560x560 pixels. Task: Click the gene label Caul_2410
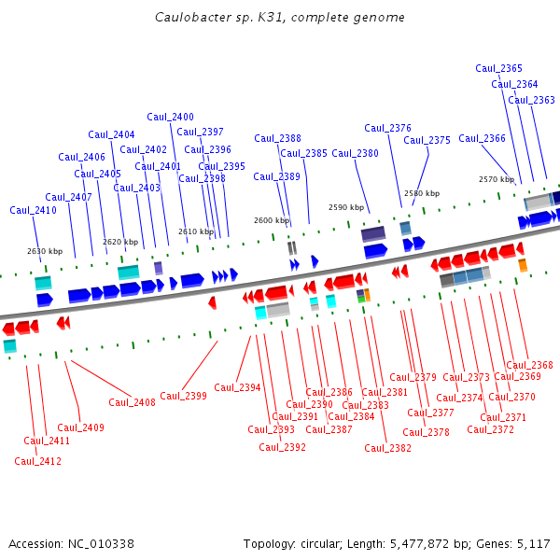(x=34, y=210)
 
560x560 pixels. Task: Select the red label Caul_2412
(x=37, y=461)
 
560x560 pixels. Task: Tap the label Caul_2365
(x=498, y=68)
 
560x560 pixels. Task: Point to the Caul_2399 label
(x=183, y=396)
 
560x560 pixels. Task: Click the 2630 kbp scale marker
(x=45, y=251)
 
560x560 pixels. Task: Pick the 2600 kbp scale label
(x=273, y=220)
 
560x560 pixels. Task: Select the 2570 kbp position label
(x=497, y=179)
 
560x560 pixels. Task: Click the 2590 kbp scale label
(x=345, y=207)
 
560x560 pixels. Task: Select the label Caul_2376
(x=387, y=128)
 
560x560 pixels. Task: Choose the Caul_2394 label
(x=237, y=387)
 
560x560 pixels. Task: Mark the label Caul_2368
(x=529, y=365)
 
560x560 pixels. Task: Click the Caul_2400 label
(x=170, y=117)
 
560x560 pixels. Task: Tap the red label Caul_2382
(x=387, y=448)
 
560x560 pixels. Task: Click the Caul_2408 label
(x=132, y=402)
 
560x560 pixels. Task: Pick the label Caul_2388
(x=277, y=138)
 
